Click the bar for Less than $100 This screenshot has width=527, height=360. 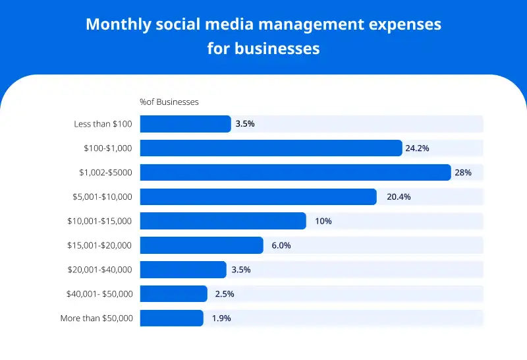point(185,124)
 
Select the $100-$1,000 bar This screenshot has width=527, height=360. point(271,148)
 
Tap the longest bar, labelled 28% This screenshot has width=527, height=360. point(295,173)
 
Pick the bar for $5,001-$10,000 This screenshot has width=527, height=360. point(258,196)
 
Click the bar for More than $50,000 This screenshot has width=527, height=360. point(171,318)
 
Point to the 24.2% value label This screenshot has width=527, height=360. point(417,148)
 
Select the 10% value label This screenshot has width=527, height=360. point(323,221)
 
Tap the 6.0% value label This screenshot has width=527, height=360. point(281,245)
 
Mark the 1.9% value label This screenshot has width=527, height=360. point(221,318)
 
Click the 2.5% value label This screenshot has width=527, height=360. point(225,293)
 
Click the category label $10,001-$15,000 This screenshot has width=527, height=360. point(99,221)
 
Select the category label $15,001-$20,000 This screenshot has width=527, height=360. point(99,245)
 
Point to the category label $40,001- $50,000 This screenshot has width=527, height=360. point(99,293)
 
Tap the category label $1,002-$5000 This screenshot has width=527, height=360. point(105,173)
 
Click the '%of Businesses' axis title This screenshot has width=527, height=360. point(169,102)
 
